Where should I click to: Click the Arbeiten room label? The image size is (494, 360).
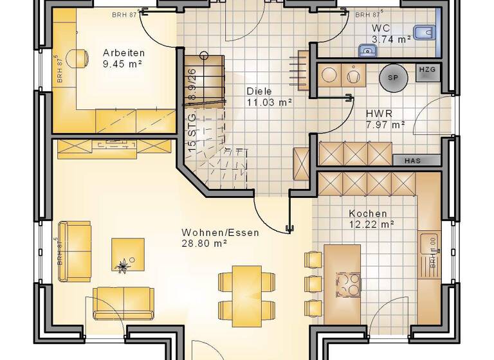tap(123, 53)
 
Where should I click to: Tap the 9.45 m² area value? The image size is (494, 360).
tap(122, 64)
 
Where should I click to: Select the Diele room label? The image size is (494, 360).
tap(259, 91)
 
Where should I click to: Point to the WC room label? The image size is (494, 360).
tap(381, 28)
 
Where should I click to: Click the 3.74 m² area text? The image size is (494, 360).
tap(391, 39)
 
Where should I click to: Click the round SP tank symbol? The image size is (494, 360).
tap(392, 78)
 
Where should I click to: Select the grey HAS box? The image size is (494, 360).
tap(412, 160)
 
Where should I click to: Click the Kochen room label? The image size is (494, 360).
tap(368, 213)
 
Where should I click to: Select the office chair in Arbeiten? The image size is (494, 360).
tap(80, 59)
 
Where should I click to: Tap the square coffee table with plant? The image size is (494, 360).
tap(127, 255)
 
